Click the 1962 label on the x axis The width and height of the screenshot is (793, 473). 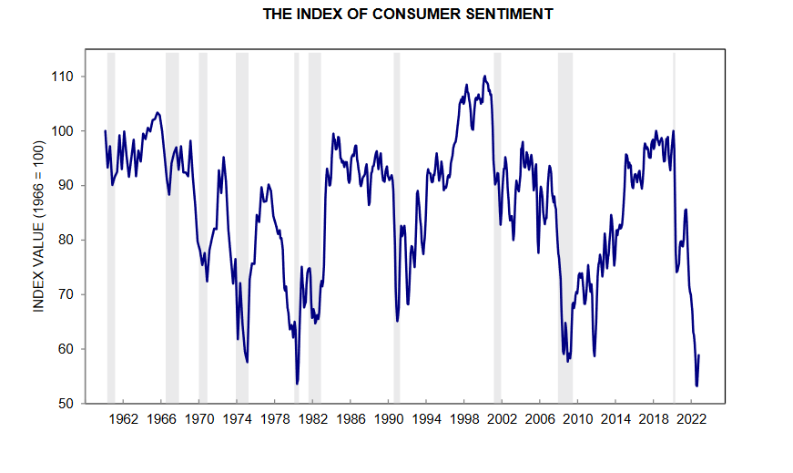(124, 419)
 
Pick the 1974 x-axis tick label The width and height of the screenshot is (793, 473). (237, 419)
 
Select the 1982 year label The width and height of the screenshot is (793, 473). (312, 419)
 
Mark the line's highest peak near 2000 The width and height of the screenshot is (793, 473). (484, 77)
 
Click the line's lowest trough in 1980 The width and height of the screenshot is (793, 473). (297, 384)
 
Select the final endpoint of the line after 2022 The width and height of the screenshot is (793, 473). (698, 355)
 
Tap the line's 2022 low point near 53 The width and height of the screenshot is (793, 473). (696, 386)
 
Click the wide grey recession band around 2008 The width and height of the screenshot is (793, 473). (565, 228)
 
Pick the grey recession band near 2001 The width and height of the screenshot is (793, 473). (497, 228)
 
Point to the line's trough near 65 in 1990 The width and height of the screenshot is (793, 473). (398, 321)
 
